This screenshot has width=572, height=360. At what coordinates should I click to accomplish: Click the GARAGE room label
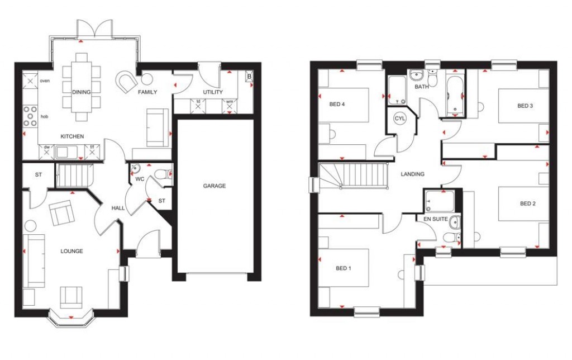pos(214,186)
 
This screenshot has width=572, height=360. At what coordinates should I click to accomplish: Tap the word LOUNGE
pos(71,252)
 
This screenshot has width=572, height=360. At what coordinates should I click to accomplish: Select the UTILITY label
pos(212,92)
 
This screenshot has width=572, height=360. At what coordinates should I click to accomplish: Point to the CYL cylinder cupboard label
pos(400,119)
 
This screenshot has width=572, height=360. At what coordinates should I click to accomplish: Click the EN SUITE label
pos(436,220)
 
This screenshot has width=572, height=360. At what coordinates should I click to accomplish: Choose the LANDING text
pos(412,174)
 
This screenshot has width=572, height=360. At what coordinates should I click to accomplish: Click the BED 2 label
pos(527,203)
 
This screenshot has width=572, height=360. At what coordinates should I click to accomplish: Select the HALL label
pos(118,208)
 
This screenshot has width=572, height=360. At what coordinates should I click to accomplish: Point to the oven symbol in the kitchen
pos(30,82)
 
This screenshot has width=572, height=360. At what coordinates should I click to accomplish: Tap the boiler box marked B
pos(249,76)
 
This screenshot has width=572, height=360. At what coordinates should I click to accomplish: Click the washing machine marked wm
pos(230,105)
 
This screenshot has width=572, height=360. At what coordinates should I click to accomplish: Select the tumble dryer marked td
pos(198,105)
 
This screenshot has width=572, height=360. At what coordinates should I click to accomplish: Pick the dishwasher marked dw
pos(47,151)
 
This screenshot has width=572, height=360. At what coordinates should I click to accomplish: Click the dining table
pos(82,86)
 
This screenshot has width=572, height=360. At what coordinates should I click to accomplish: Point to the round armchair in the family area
pos(126,82)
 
